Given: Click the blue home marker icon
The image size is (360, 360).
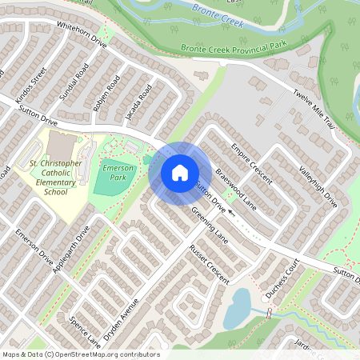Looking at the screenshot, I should (180, 173).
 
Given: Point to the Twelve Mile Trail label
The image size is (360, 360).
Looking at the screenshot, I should (315, 108).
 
